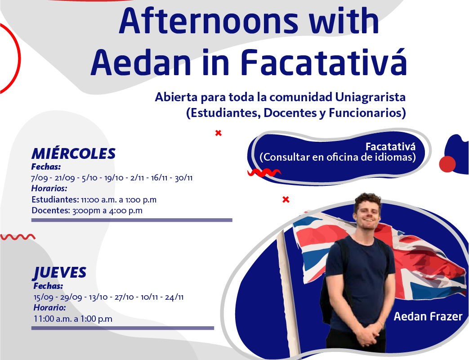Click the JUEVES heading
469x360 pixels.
pyautogui.click(x=60, y=273)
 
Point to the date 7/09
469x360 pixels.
pyautogui.click(x=40, y=178)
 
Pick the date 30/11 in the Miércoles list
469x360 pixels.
pyautogui.click(x=183, y=178)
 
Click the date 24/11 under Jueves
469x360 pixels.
pyautogui.click(x=174, y=297)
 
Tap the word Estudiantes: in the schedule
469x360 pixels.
pyautogui.click(x=55, y=200)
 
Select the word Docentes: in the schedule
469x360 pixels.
pyautogui.click(x=51, y=210)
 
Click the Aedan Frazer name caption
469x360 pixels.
pyautogui.click(x=428, y=317)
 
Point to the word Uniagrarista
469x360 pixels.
pyautogui.click(x=370, y=97)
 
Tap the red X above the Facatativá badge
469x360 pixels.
pyautogui.click(x=219, y=133)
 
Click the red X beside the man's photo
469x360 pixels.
pyautogui.click(x=286, y=200)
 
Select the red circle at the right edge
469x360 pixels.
pyautogui.click(x=447, y=164)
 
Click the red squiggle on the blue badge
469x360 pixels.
pyautogui.click(x=264, y=173)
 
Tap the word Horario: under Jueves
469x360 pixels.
pyautogui.click(x=49, y=308)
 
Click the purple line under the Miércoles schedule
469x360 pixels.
pyautogui.click(x=132, y=220)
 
